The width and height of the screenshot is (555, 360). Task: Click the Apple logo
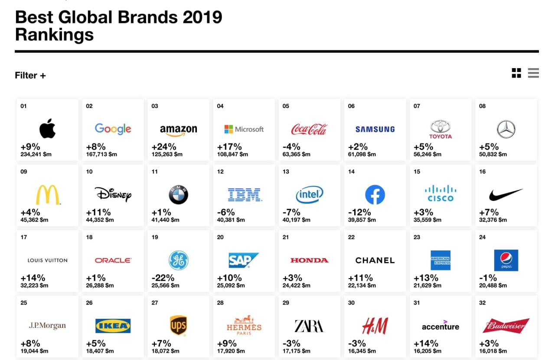[x=48, y=128]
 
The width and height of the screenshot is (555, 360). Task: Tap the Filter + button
[x=30, y=75]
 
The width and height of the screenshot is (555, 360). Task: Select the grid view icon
[x=516, y=73]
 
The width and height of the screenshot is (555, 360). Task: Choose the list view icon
[x=533, y=73]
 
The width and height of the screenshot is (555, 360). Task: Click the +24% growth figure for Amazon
[x=164, y=147]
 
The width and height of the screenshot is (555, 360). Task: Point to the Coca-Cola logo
[x=309, y=129]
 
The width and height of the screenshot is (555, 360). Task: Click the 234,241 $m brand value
[x=36, y=154]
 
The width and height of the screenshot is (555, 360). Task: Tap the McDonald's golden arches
[x=48, y=195]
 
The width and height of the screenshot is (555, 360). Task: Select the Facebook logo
[x=375, y=195]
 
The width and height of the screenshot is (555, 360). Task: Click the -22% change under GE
[x=163, y=278]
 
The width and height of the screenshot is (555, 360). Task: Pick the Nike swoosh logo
[x=506, y=195]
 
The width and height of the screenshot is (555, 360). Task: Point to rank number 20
[x=220, y=237]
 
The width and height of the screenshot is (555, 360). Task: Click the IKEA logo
[x=113, y=326]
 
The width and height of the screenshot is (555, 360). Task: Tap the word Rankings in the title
[x=54, y=34]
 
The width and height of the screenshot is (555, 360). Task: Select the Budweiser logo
[x=506, y=326]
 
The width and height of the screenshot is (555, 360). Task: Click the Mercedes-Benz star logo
[x=506, y=129]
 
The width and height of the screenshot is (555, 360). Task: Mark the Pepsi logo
[x=506, y=260]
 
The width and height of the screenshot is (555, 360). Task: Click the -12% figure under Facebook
[x=359, y=213]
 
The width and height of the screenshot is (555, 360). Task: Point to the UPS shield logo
[x=178, y=325]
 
